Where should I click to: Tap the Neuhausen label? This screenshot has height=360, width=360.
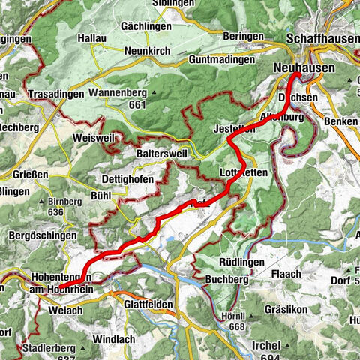pos(319,67)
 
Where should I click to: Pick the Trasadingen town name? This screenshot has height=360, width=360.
pos(53,95)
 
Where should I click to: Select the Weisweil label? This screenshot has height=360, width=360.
pos(93,139)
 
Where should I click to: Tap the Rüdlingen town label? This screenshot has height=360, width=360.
pos(238,262)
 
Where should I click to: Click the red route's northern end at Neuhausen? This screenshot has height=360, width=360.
pos(298,75)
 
